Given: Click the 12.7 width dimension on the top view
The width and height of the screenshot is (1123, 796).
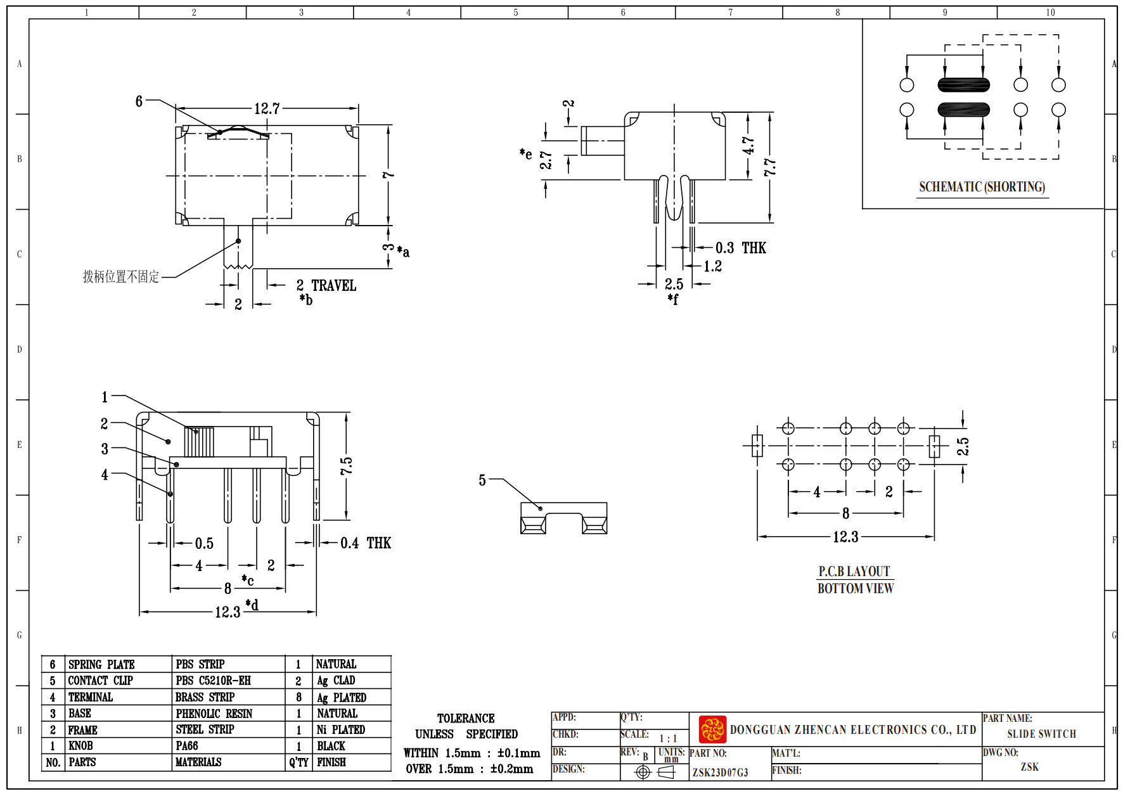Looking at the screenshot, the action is coord(267,109).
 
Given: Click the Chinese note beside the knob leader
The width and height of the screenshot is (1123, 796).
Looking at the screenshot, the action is coord(121,277).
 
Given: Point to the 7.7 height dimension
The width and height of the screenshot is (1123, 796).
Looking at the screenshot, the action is coord(769,168).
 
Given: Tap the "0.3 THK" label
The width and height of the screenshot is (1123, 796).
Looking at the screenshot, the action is coord(741,248).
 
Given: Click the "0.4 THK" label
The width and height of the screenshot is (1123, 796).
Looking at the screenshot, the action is coord(366,543).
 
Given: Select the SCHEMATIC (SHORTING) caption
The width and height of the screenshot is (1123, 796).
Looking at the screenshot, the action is coord(982,187).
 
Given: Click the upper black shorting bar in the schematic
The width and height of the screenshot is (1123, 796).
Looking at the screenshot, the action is coord(963,85).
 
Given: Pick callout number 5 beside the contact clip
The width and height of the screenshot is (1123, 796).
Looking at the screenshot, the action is coord(482,480).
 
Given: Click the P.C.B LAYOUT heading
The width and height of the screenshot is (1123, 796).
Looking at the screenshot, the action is coord(854,571).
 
